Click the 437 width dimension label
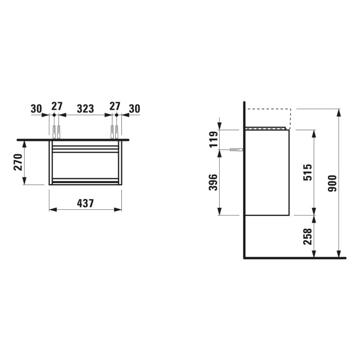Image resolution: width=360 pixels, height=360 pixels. tap(85, 203)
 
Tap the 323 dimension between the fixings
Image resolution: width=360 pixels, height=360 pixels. tap(85, 108)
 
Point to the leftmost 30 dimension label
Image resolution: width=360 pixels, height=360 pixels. tap(36, 108)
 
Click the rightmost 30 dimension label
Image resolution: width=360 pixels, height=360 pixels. tap(135, 108)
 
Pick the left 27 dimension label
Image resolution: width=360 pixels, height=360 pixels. tap(57, 106)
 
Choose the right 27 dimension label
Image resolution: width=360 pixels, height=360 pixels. tap(114, 106)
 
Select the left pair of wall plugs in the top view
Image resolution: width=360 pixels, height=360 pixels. tap(57, 132)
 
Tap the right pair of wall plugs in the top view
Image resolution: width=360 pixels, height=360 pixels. tap(114, 132)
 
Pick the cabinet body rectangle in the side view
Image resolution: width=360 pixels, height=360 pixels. tap(268, 172)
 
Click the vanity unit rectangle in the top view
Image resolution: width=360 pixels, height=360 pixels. tap(85, 164)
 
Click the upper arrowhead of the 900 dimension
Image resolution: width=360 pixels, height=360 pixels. tap(338, 112)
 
